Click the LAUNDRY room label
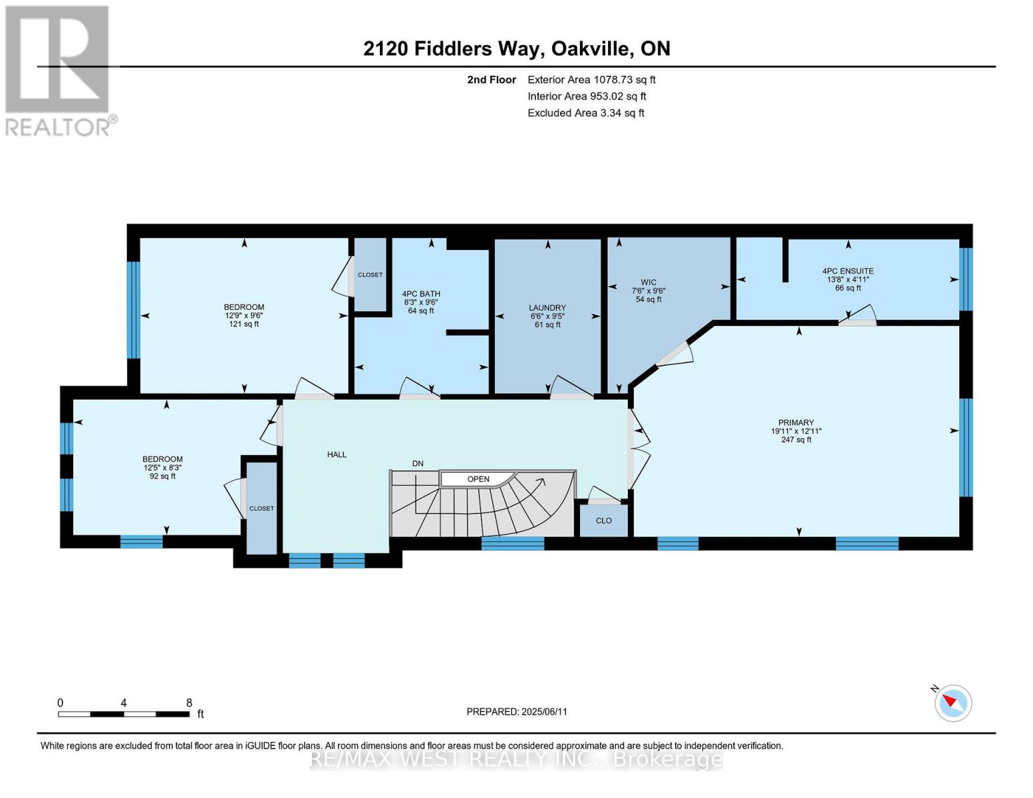pos(547,308)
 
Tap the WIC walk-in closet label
pos(649,283)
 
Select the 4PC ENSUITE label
pos(848,271)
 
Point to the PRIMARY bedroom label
pos(796,423)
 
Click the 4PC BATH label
pos(421,294)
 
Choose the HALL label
pos(337,455)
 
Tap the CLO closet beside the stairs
pos(603,521)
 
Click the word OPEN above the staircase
pos(478,479)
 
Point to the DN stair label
pos(418,464)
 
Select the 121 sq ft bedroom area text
pos(244,325)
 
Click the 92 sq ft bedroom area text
pos(163,476)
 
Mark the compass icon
pos(953,703)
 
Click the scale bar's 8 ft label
pos(190,703)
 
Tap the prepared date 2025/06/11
pos(517,712)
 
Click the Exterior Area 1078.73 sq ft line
pos(591,80)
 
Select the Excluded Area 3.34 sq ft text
pos(585,113)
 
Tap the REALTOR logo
pos(59,70)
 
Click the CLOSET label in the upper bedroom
pos(370,275)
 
